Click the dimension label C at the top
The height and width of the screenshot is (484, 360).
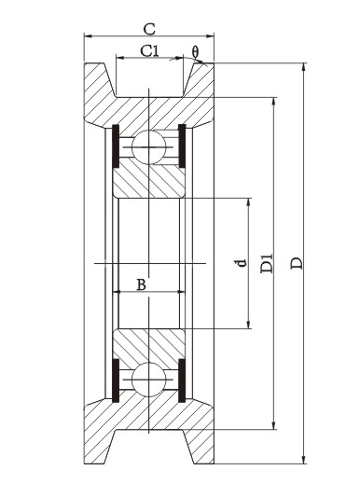(x=149, y=29)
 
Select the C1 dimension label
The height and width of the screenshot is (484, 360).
(x=149, y=51)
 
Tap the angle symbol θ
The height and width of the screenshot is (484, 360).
(x=195, y=52)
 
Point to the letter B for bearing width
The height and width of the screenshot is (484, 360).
(x=142, y=284)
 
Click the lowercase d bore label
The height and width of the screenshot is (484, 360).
(x=242, y=263)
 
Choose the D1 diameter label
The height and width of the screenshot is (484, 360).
(x=267, y=264)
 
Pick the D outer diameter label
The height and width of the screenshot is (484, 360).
(x=297, y=263)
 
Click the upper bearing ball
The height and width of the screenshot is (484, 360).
(x=149, y=147)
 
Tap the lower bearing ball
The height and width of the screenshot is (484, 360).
(x=149, y=380)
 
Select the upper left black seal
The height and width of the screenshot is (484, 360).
(x=116, y=146)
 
